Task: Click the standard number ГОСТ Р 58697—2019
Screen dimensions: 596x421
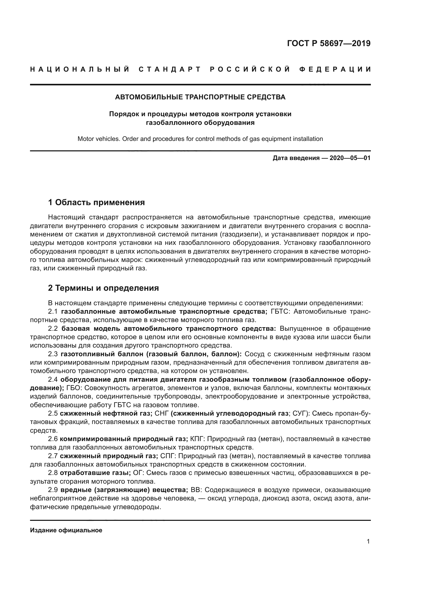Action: [329, 43]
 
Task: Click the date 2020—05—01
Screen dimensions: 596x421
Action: [350, 158]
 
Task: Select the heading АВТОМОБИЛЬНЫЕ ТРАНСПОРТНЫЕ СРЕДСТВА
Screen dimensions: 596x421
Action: [200, 97]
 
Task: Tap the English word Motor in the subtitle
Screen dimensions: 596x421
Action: [86, 139]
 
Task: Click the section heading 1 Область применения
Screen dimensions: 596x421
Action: [96, 202]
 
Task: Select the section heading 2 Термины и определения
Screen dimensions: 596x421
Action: [103, 288]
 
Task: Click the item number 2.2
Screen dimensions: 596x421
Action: [53, 329]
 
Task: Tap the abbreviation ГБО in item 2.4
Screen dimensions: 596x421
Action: [73, 388]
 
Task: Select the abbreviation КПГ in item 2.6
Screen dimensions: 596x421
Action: [197, 439]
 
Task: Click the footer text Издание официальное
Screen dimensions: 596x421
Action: [66, 530]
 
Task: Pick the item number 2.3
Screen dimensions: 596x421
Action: [53, 354]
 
